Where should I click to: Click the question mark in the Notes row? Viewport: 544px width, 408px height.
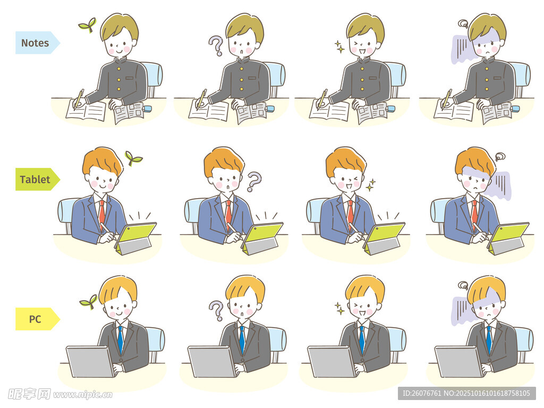click(x=216, y=46)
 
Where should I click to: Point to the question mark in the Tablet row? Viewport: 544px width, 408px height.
click(x=254, y=182)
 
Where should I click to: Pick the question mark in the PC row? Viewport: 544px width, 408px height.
click(x=216, y=310)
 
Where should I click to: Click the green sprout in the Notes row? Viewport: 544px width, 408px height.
click(x=88, y=25)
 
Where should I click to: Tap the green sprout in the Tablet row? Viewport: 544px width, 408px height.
click(x=133, y=158)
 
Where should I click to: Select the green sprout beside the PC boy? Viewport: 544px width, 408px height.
click(x=88, y=302)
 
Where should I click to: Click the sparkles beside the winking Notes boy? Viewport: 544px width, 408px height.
click(x=339, y=47)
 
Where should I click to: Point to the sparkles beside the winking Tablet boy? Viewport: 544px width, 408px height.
click(x=371, y=185)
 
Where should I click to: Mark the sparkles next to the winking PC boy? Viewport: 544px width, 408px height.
click(x=339, y=308)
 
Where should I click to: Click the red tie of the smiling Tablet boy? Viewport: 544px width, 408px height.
click(x=101, y=215)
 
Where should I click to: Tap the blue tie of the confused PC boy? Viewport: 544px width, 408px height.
click(x=242, y=339)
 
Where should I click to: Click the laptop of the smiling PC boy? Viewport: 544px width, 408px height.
click(x=90, y=361)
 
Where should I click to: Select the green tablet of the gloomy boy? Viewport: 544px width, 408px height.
click(x=508, y=239)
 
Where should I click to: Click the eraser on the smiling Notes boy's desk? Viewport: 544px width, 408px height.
click(x=148, y=108)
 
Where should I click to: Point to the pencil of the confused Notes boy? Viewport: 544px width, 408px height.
click(x=201, y=99)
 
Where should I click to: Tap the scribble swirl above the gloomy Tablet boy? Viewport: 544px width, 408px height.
click(x=499, y=157)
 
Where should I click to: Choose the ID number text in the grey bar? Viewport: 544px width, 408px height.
click(x=466, y=393)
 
